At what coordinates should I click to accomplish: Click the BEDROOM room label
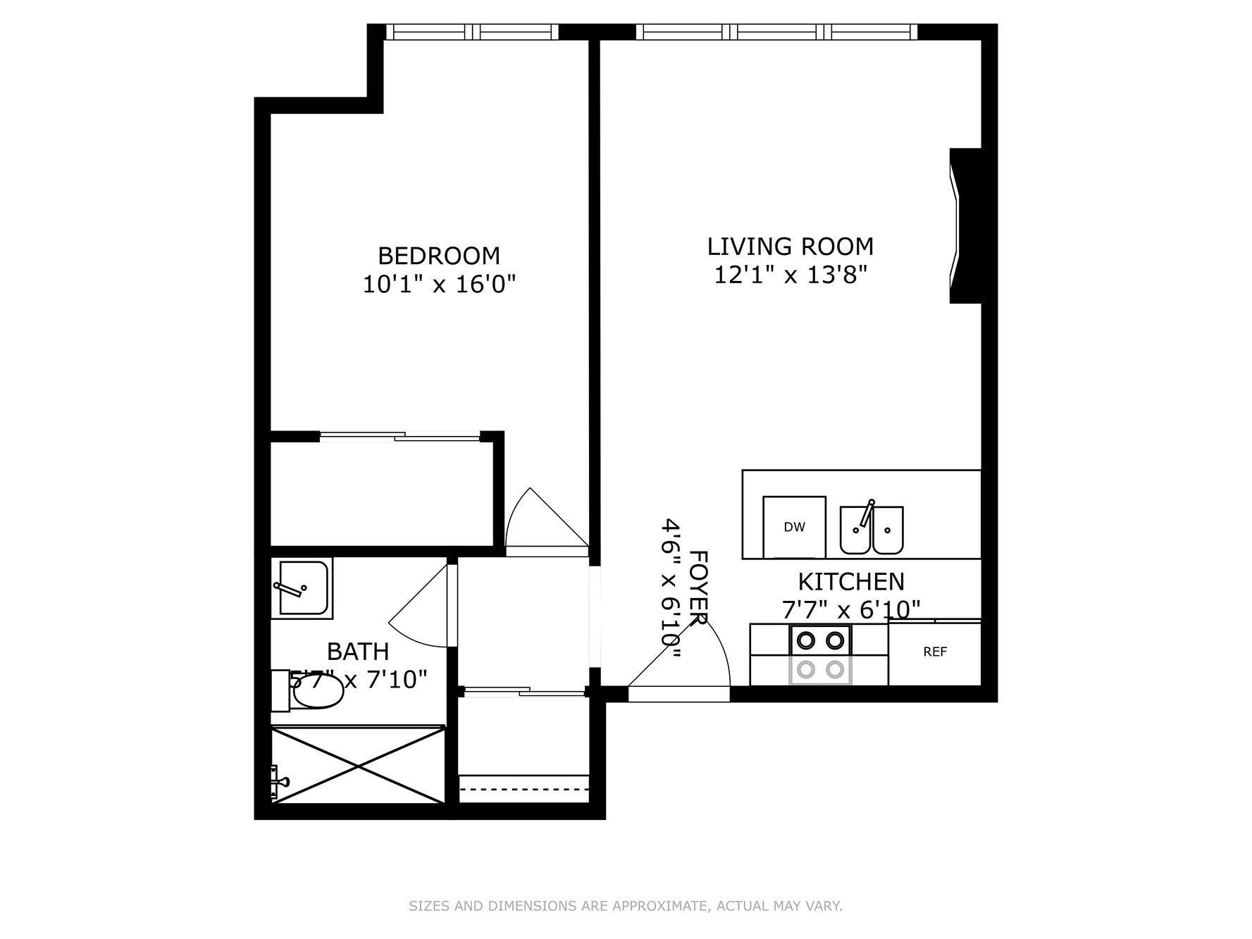click(x=439, y=255)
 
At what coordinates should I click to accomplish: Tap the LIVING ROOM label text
click(x=791, y=247)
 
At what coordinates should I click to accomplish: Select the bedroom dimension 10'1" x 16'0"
click(x=439, y=285)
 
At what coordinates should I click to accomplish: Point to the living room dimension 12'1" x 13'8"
click(x=791, y=275)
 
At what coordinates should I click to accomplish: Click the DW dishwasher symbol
click(x=794, y=527)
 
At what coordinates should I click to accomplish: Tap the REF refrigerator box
click(x=935, y=652)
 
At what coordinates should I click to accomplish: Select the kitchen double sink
click(x=872, y=529)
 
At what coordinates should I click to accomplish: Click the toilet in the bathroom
click(x=309, y=690)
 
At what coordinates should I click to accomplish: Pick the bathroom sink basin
click(x=303, y=588)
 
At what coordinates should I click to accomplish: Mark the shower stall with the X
click(x=358, y=764)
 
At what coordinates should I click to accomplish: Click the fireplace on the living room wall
click(x=965, y=225)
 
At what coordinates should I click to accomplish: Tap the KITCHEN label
click(x=851, y=582)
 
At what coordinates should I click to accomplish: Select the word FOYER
click(x=698, y=588)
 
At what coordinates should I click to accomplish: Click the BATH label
click(x=358, y=652)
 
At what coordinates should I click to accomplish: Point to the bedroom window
click(x=472, y=32)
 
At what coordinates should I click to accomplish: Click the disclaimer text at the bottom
click(x=626, y=906)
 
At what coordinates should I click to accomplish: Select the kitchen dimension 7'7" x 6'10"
click(x=851, y=609)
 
